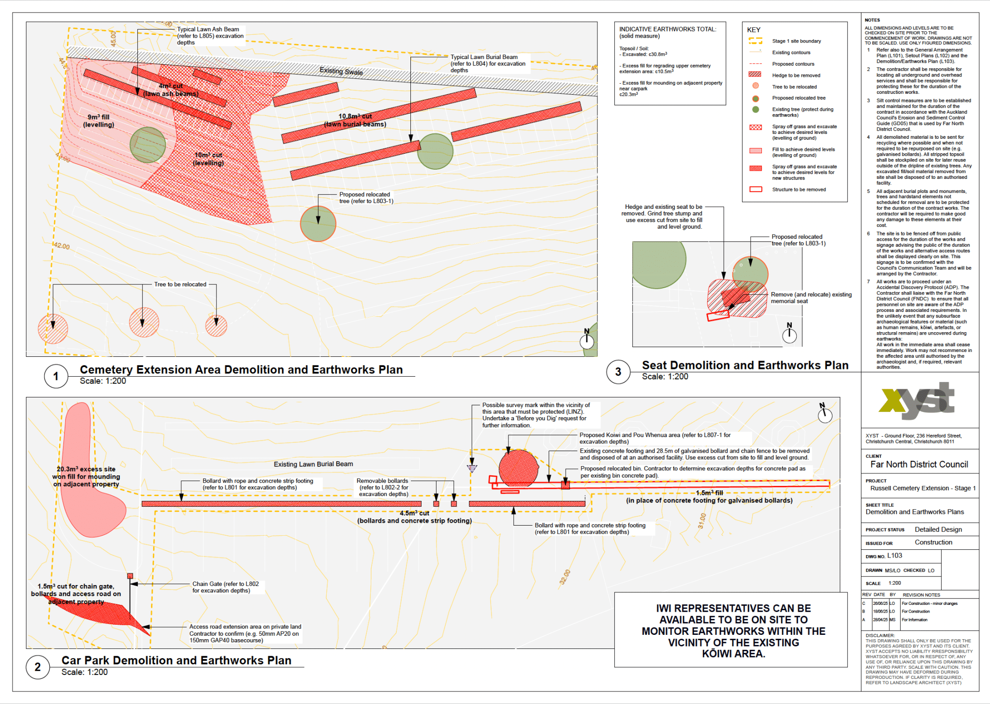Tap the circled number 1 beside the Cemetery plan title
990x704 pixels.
[x=56, y=376]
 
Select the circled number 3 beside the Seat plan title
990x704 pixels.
[x=618, y=372]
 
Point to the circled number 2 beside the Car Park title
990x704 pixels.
[x=38, y=667]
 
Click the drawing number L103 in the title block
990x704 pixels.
[x=894, y=556]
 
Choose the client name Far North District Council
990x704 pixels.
[x=919, y=465]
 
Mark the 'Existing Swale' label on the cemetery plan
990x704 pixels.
[x=341, y=71]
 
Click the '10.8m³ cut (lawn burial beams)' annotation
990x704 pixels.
[x=355, y=120]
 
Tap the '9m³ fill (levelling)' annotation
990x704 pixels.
[x=99, y=121]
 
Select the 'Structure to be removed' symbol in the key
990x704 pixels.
[x=756, y=190]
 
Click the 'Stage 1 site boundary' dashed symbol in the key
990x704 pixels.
[x=755, y=41]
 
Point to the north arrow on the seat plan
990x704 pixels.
[x=789, y=334]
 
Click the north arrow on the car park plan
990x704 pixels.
[x=824, y=413]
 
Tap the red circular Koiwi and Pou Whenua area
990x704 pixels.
[x=518, y=468]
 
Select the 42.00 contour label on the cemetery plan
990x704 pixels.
[x=61, y=246]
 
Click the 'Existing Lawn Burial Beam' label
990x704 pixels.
[x=313, y=464]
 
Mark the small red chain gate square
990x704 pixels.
[x=130, y=576]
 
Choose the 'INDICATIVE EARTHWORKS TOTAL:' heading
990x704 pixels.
[x=668, y=29]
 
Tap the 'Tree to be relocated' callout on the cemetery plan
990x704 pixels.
[x=180, y=284]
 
